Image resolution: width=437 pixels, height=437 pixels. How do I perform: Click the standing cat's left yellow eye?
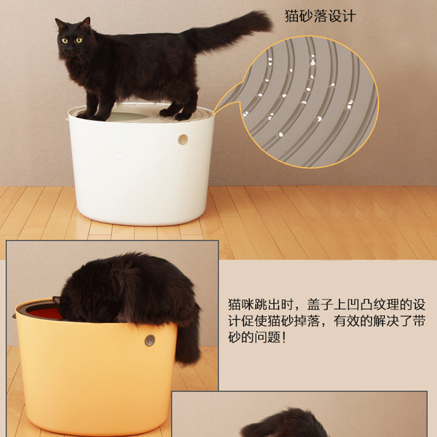click(x=64, y=40)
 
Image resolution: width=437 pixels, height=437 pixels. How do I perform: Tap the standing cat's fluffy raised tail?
click(x=228, y=31)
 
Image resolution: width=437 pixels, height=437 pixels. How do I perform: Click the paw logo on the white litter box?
click(x=183, y=139)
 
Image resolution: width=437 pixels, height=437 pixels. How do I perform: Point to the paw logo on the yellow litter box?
click(x=150, y=340)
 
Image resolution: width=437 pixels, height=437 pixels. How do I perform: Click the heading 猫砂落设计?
click(x=320, y=16)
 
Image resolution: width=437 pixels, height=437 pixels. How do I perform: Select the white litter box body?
click(x=141, y=170)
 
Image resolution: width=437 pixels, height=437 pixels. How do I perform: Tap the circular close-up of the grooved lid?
click(x=310, y=102)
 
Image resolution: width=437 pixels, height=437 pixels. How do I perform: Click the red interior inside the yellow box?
click(x=45, y=314)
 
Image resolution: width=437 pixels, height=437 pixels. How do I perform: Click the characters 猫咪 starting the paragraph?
click(x=241, y=305)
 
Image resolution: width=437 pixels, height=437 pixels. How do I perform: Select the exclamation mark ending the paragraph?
click(x=284, y=338)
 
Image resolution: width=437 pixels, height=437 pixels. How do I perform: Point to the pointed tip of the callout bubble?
click(x=214, y=115)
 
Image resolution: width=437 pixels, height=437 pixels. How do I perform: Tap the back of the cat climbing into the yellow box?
click(x=126, y=281)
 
